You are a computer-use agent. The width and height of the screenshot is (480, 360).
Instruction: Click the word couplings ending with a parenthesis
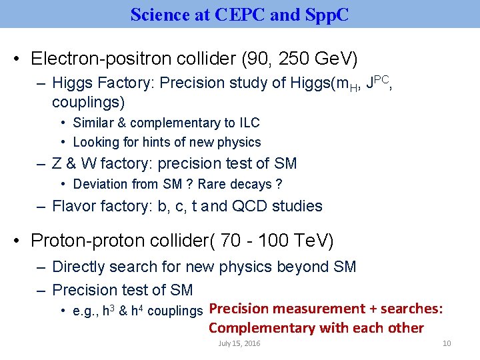pos(88,103)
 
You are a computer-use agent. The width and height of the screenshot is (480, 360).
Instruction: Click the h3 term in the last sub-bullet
pos(107,311)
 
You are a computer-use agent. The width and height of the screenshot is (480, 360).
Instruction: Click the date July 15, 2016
pos(239,343)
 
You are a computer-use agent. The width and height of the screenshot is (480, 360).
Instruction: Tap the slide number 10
pos(447,343)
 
